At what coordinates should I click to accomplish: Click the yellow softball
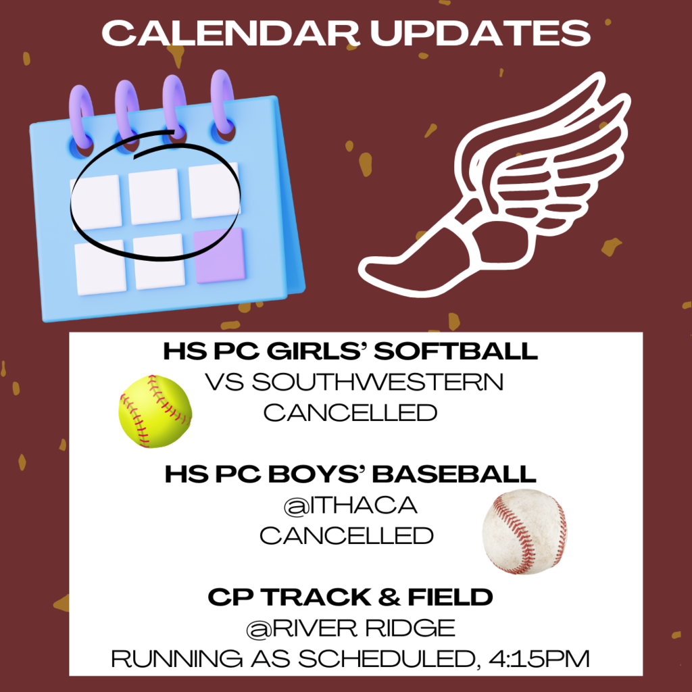point(155,411)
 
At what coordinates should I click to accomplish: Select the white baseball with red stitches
point(524,531)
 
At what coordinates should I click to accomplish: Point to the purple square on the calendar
point(220,256)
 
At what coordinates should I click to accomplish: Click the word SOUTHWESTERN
point(378,382)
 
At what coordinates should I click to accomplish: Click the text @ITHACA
point(349,505)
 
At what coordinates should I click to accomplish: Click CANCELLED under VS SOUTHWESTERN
point(350,412)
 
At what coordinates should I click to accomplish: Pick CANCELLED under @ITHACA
point(347,535)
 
